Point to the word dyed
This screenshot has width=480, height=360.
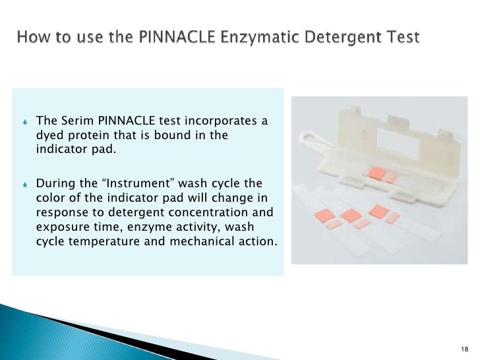49,136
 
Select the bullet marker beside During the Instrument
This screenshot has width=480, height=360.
24,183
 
